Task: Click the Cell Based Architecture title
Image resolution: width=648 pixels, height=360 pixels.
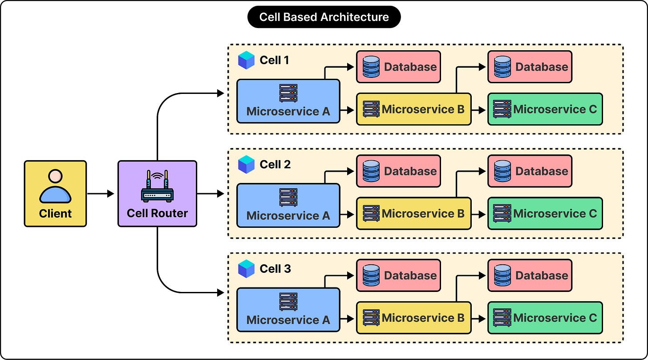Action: tap(324, 17)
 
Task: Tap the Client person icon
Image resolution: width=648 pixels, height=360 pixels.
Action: tap(55, 186)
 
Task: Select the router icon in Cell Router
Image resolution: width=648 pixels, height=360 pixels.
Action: tap(158, 186)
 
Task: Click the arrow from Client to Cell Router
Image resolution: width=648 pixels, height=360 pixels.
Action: tap(101, 194)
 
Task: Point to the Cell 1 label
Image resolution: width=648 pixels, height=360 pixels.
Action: tap(274, 60)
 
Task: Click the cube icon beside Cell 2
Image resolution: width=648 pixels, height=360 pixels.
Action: tap(246, 164)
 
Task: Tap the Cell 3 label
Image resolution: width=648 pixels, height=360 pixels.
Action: tap(275, 269)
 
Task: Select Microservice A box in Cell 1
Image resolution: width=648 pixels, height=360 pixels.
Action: tap(288, 101)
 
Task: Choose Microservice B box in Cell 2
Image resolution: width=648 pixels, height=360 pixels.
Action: tap(414, 214)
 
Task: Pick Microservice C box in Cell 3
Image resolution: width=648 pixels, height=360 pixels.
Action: tap(545, 318)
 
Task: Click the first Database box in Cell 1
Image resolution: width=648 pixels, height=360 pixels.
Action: tap(398, 67)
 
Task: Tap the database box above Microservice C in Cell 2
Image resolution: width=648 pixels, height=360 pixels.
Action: tap(530, 171)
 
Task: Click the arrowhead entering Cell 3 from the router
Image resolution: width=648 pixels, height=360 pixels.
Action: tap(220, 293)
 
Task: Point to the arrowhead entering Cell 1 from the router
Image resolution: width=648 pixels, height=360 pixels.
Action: tap(220, 93)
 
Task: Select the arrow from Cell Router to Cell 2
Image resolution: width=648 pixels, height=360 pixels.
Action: tap(211, 194)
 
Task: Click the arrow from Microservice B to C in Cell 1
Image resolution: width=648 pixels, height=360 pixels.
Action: tap(478, 110)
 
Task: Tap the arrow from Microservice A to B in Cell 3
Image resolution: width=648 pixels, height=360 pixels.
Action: tap(347, 319)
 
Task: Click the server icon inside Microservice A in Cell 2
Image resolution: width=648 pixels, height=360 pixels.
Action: tap(288, 198)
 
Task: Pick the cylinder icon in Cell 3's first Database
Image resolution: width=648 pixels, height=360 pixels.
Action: tap(371, 275)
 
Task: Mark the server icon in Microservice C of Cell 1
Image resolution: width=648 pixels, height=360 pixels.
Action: tap(502, 109)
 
